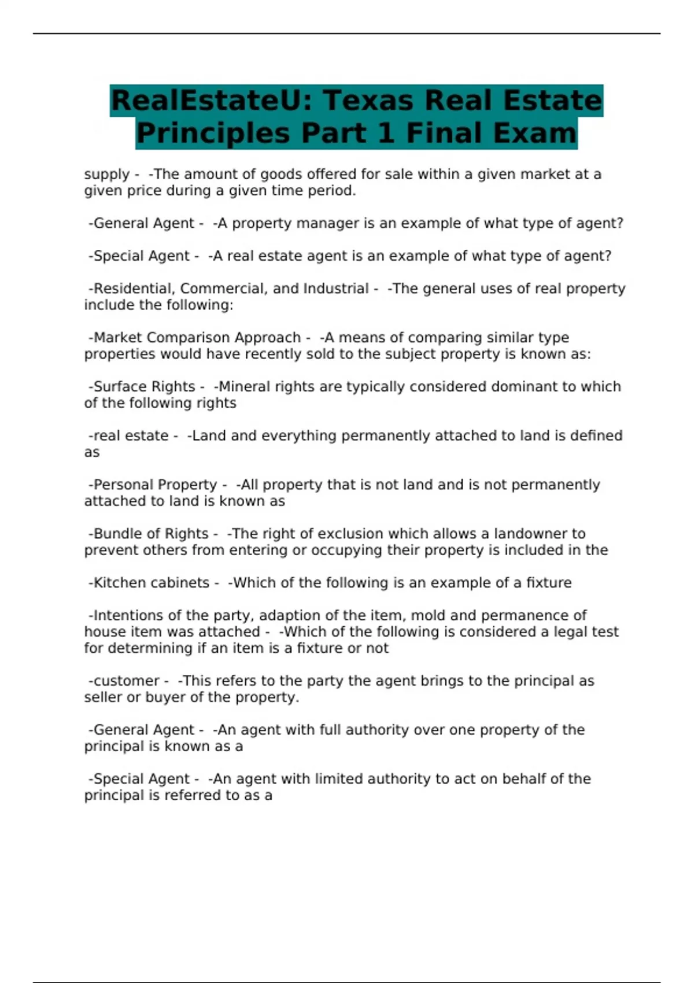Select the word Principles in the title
coord(213,133)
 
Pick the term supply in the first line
coord(106,175)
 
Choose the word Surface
coord(120,387)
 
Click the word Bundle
coord(119,534)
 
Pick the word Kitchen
coord(120,583)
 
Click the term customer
coord(126,681)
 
